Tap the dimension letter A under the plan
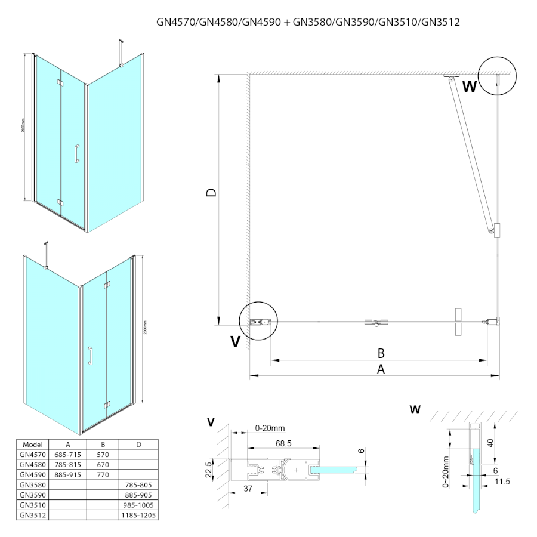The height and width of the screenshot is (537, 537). click(x=381, y=369)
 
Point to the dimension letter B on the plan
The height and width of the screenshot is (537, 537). click(x=379, y=352)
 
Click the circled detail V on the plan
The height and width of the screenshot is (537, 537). click(x=258, y=321)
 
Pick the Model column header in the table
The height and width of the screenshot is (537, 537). click(x=32, y=445)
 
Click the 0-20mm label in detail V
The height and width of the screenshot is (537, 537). click(x=270, y=428)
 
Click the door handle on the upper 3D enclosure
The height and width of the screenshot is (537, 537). click(x=76, y=153)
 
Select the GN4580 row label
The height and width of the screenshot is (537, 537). click(x=32, y=464)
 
